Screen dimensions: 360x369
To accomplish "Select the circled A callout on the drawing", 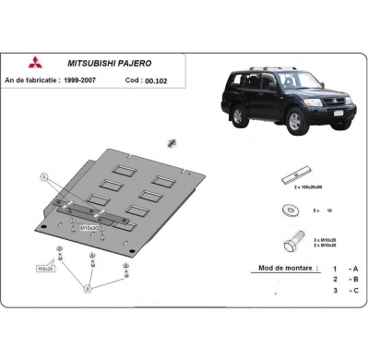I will tap(43, 175).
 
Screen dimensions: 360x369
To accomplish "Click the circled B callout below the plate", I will tap(89, 288).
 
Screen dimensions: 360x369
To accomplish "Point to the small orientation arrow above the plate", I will tap(172, 141).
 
